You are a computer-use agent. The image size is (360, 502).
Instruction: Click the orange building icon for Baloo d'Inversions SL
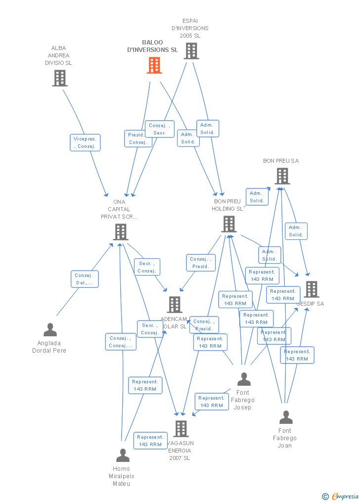[154, 65]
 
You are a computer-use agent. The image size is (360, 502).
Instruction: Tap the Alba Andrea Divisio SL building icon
[60, 78]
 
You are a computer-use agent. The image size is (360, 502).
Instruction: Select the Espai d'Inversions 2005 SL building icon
[191, 51]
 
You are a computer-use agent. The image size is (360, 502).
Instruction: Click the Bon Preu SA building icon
[282, 176]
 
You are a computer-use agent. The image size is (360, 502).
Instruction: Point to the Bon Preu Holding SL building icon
[228, 224]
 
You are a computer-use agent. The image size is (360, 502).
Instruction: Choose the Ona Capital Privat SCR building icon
[121, 231]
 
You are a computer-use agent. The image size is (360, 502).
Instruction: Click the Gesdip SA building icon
[311, 289]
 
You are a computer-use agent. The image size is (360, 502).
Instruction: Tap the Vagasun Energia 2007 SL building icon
[181, 429]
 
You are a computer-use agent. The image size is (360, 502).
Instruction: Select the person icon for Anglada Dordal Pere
[50, 330]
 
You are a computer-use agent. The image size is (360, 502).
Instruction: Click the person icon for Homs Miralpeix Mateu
[123, 456]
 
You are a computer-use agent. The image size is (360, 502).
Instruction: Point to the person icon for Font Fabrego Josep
[244, 379]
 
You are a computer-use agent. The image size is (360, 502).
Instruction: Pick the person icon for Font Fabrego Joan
[286, 417]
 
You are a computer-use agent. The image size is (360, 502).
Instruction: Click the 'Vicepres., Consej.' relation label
[85, 142]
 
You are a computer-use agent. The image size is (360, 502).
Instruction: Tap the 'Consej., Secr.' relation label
[159, 129]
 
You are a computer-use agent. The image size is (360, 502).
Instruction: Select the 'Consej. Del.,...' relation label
[85, 279]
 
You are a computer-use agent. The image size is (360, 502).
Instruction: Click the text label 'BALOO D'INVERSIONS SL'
[152, 46]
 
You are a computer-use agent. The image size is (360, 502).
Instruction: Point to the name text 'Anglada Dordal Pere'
[49, 347]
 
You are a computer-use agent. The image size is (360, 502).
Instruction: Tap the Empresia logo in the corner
[341, 496]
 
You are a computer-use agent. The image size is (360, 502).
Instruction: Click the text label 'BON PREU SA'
[281, 161]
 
